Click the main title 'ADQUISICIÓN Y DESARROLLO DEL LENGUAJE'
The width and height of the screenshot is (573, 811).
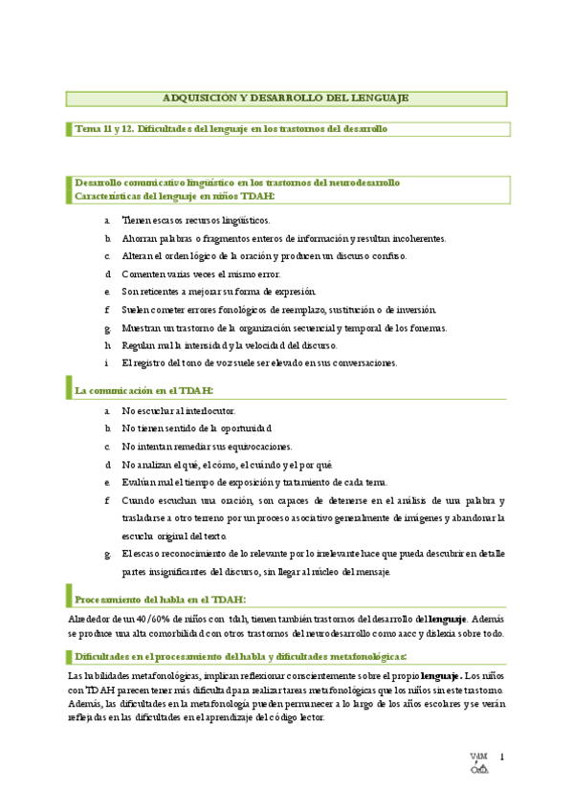(x=286, y=98)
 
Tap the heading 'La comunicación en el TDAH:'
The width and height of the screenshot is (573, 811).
(x=144, y=390)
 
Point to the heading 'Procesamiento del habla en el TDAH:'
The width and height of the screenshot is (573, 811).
(x=160, y=600)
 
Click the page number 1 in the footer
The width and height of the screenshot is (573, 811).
(x=500, y=758)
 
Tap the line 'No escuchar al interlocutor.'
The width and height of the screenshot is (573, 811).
(x=179, y=410)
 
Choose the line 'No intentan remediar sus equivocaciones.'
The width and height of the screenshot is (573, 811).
(x=208, y=447)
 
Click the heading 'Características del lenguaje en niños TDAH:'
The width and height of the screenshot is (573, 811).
(x=174, y=195)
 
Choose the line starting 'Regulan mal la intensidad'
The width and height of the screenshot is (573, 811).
(x=230, y=345)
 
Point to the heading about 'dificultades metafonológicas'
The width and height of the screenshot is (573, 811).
(x=241, y=656)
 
